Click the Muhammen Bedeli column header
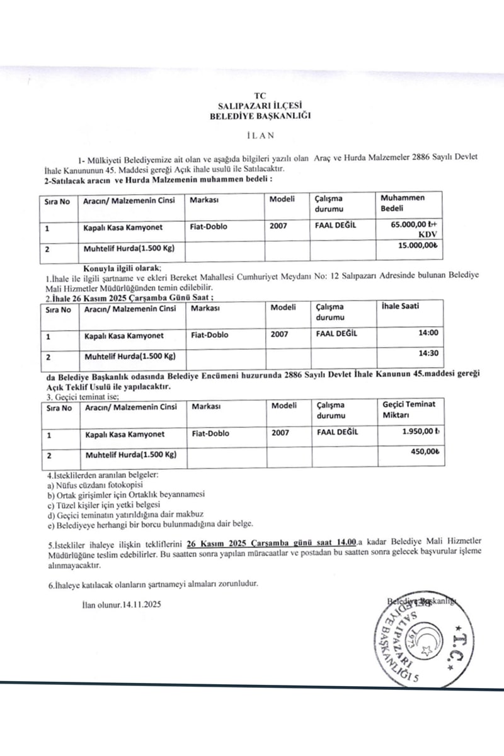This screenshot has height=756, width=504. click(403, 203)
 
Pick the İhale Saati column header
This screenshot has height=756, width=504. click(401, 307)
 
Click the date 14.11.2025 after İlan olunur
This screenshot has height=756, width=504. click(143, 605)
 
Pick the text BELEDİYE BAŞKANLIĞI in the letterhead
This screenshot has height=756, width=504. click(261, 116)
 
